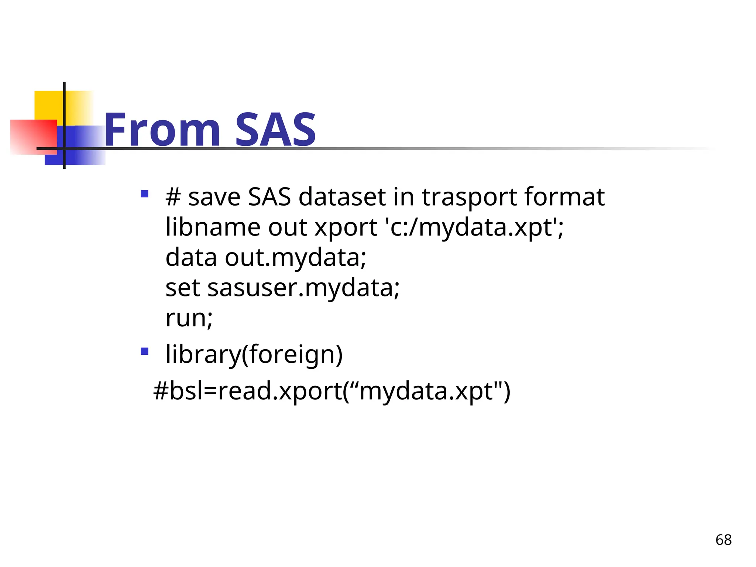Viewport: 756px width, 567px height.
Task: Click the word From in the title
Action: pos(162,130)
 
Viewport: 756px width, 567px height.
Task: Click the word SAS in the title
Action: pos(275,130)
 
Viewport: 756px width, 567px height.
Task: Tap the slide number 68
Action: pos(723,540)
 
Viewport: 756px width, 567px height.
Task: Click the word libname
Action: pos(213,227)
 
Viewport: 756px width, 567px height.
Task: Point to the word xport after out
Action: pos(346,227)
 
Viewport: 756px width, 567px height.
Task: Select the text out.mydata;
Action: pos(295,257)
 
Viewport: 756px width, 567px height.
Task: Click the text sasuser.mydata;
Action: pos(303,288)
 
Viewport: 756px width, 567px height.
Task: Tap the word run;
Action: pos(189,318)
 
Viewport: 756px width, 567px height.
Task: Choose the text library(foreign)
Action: pos(254,354)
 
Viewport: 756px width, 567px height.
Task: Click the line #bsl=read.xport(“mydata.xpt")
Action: pos(331,391)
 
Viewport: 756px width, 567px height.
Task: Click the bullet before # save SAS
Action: pos(145,194)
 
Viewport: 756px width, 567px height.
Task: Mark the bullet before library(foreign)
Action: pos(145,351)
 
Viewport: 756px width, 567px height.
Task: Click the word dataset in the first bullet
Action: pos(342,197)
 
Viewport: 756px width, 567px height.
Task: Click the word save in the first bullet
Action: pos(214,197)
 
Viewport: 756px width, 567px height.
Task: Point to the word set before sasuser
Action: pos(183,288)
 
